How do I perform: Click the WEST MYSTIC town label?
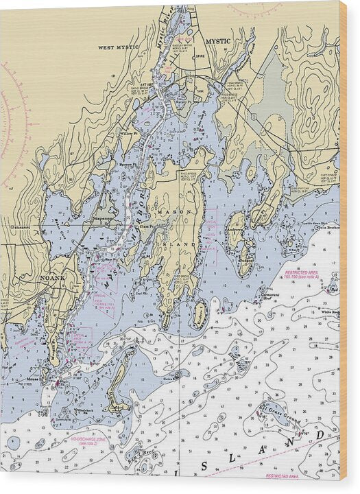118,47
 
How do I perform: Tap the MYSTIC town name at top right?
218,41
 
